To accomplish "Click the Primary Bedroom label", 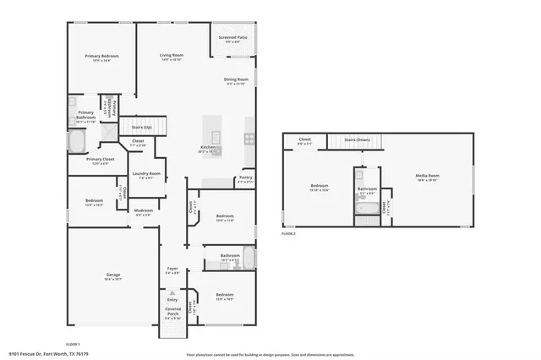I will [101, 56].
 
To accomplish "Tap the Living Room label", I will [172, 56].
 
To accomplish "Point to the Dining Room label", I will [236, 79].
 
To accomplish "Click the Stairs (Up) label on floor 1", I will [141, 128].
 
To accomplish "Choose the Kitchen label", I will [207, 148].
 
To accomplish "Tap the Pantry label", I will [245, 178].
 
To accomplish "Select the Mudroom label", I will [143, 210].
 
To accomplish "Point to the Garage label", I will [112, 275].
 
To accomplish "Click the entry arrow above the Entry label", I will [172, 292].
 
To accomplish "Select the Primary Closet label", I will [100, 159].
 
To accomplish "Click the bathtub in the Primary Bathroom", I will [78, 139].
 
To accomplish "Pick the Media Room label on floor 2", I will [427, 176].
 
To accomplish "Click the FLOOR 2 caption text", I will [288, 234].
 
